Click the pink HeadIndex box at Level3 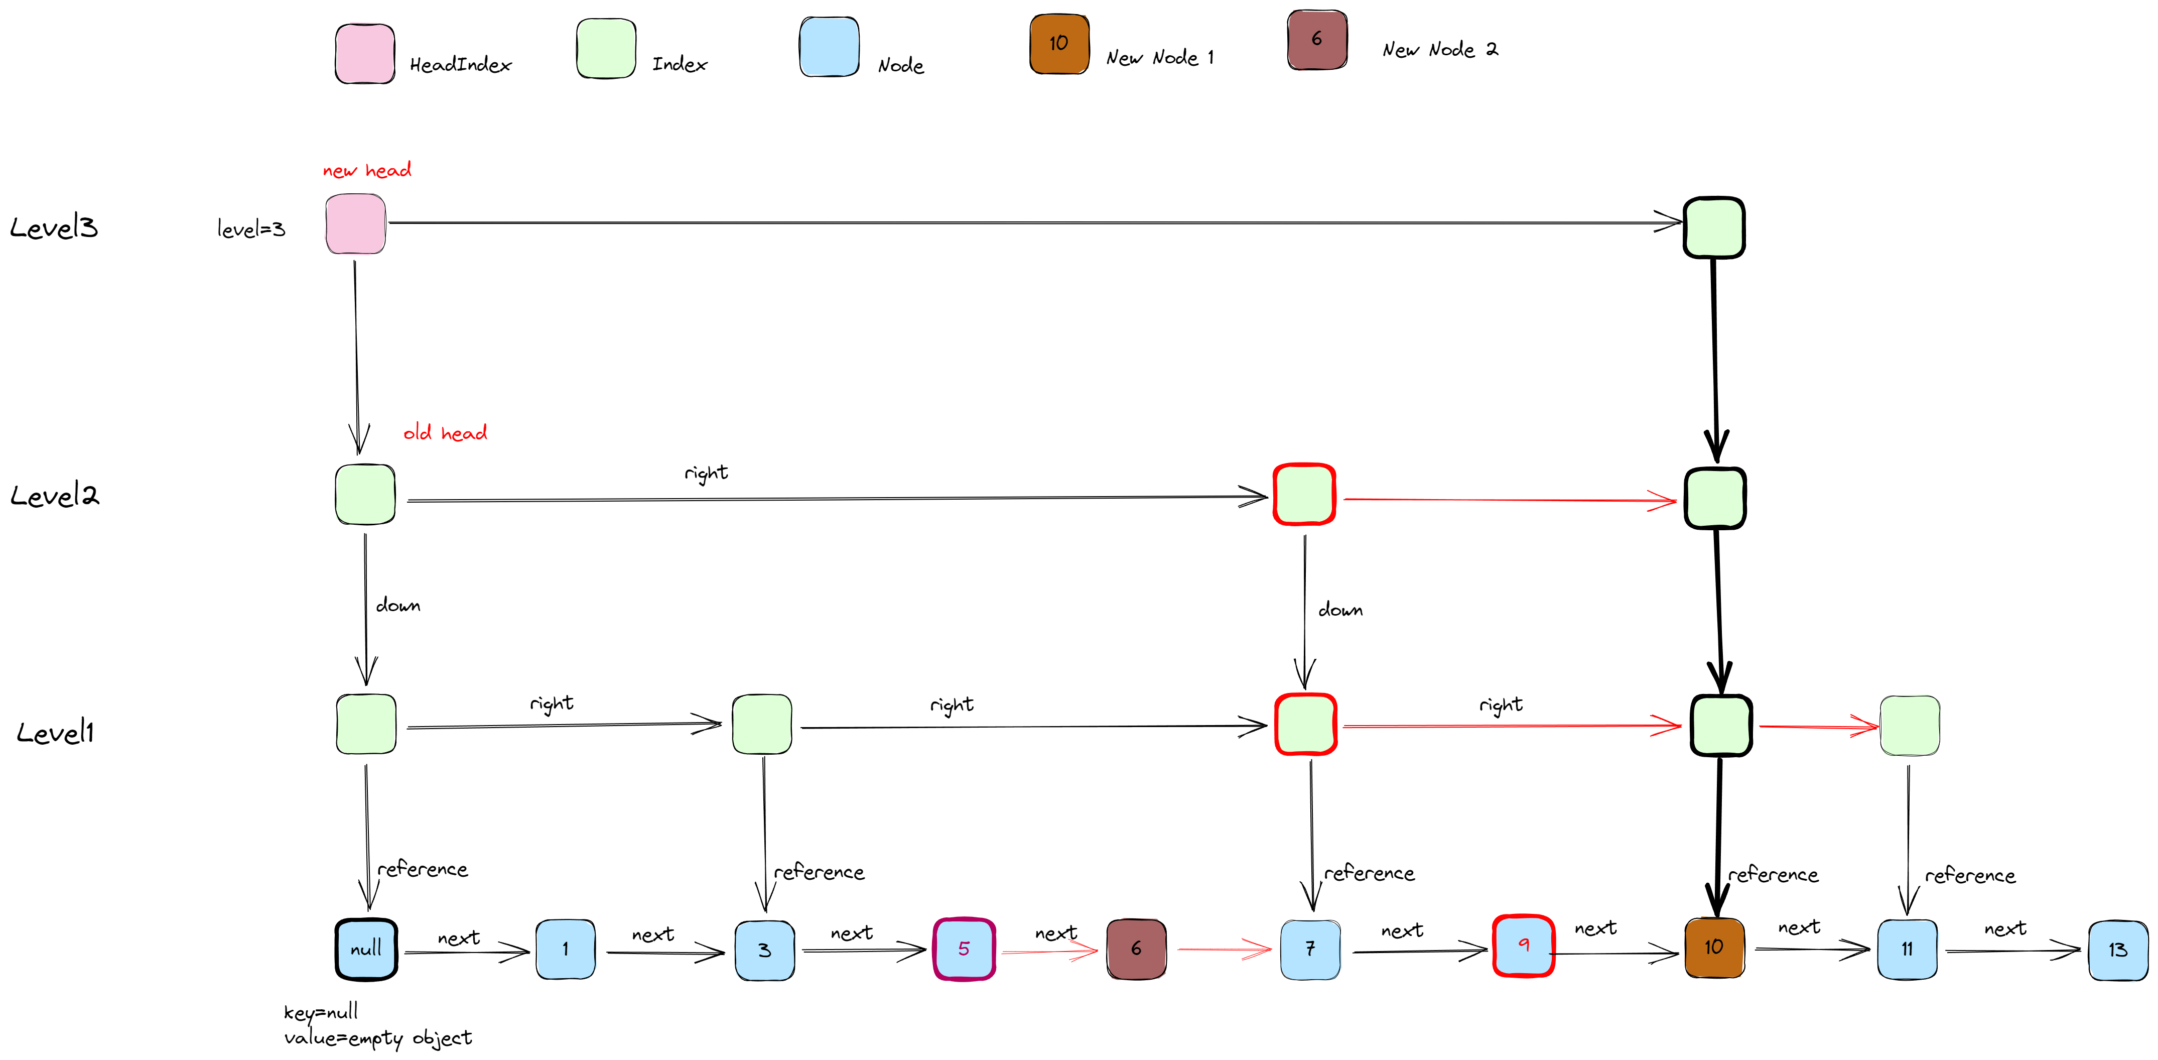click(355, 224)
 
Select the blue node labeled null click(366, 950)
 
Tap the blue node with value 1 click(566, 950)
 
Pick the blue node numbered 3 click(764, 950)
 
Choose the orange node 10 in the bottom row click(1714, 948)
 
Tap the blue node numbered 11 click(1907, 950)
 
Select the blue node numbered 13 click(2118, 950)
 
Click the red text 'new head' click(367, 170)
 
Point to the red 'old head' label click(445, 433)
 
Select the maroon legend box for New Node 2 click(1317, 39)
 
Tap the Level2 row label click(55, 495)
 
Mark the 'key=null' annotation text click(321, 1012)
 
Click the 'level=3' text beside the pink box click(251, 229)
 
